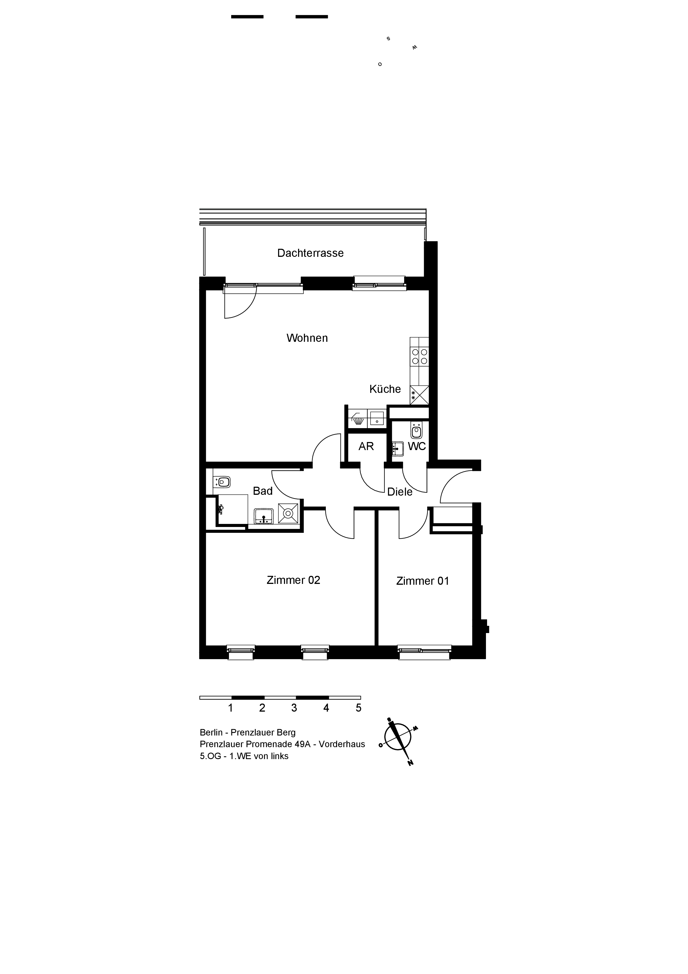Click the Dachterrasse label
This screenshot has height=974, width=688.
pos(310,253)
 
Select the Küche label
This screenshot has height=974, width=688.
pos(385,389)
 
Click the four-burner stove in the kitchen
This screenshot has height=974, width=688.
pos(420,356)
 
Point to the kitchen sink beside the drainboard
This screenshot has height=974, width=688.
pos(377,418)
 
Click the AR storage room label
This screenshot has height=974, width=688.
pos(366,446)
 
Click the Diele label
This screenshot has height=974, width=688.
pos(400,492)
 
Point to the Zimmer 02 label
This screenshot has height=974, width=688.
pos(293,580)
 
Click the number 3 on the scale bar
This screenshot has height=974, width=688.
pos(294,707)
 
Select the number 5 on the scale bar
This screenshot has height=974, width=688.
pos(359,707)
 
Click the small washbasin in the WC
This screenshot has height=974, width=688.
pos(397,448)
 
